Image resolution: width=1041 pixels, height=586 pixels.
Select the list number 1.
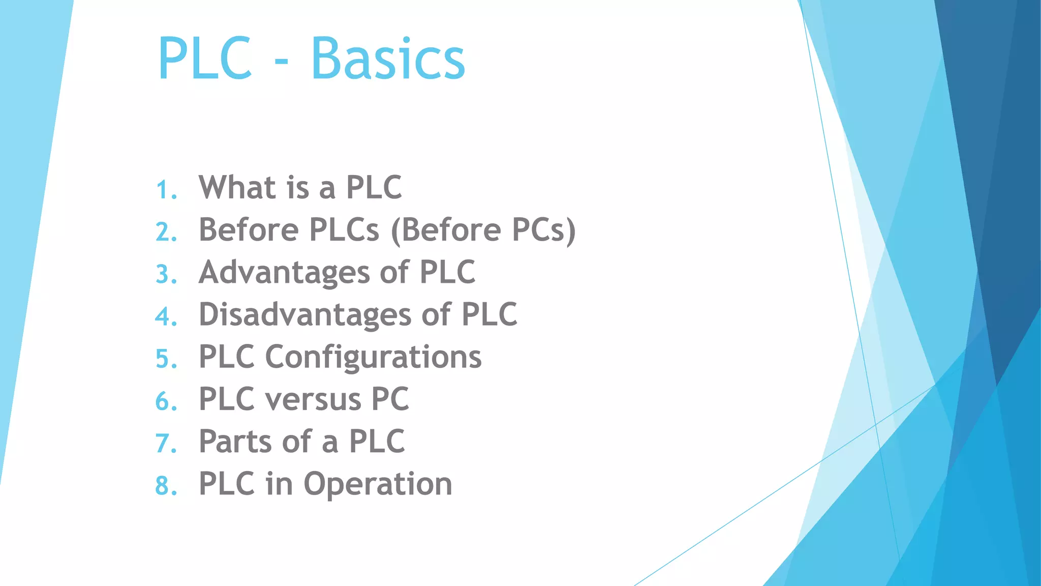[x=165, y=190]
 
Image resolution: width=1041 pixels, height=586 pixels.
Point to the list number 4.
[x=165, y=316]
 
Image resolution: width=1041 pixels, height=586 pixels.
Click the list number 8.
[x=165, y=486]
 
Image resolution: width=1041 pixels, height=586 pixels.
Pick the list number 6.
[x=165, y=401]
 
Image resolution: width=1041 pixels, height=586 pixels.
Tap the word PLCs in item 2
[x=344, y=230]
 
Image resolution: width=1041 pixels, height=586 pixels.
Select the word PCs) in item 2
[x=543, y=230]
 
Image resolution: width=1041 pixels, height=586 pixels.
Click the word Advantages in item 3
[x=284, y=272]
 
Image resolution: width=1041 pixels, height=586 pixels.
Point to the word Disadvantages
[x=305, y=314]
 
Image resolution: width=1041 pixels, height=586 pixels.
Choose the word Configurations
[x=373, y=357]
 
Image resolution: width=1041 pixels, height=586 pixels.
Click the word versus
[x=313, y=399]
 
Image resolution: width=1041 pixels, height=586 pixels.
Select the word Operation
[x=378, y=484]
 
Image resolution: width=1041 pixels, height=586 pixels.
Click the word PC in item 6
[x=390, y=399]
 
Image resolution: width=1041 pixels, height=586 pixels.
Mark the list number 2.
[x=165, y=232]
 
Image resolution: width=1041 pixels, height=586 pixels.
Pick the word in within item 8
[x=279, y=484]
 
